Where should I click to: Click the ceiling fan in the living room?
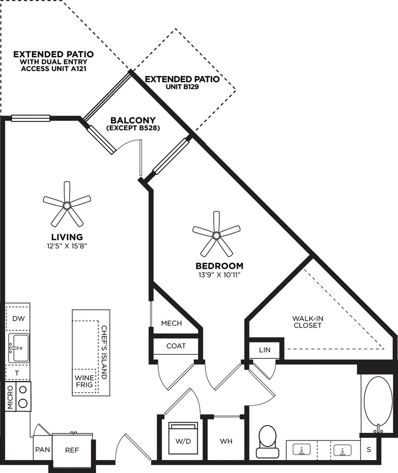[x=67, y=204]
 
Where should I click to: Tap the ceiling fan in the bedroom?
[x=216, y=235]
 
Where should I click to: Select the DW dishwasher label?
[x=18, y=318]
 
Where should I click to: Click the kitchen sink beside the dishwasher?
[x=18, y=349]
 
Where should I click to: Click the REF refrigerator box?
[x=72, y=449]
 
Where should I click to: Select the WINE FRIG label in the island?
[x=84, y=381]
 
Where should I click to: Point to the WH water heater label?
[x=226, y=441]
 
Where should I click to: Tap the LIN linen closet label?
[x=264, y=350]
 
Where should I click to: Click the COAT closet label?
[x=176, y=346]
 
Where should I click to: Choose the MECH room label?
[x=171, y=323]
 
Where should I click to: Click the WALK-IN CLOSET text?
[x=307, y=322]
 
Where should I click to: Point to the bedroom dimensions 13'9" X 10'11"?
[x=219, y=276]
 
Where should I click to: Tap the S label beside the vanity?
[x=369, y=449]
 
